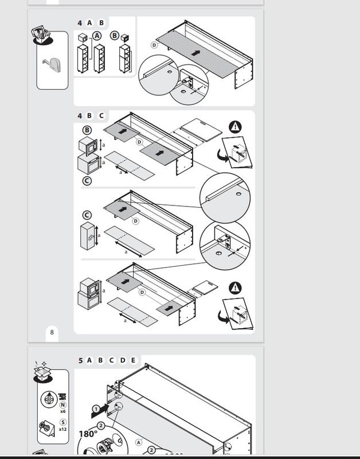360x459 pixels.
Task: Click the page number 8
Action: click(52, 332)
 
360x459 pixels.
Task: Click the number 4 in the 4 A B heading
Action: click(80, 23)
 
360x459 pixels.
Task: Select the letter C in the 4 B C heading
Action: click(101, 115)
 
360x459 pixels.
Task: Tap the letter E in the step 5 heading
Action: click(133, 360)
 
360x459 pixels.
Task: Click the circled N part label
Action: click(62, 404)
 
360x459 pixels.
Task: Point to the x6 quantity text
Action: click(62, 411)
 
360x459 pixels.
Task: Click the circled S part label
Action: click(62, 422)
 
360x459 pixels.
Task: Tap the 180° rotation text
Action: click(88, 434)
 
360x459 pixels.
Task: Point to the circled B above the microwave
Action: click(87, 130)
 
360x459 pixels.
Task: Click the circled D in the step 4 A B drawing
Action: click(154, 45)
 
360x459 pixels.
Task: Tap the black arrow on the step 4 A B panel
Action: click(196, 52)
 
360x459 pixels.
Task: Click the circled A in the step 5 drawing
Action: click(138, 442)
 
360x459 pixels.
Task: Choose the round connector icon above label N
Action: click(49, 398)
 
